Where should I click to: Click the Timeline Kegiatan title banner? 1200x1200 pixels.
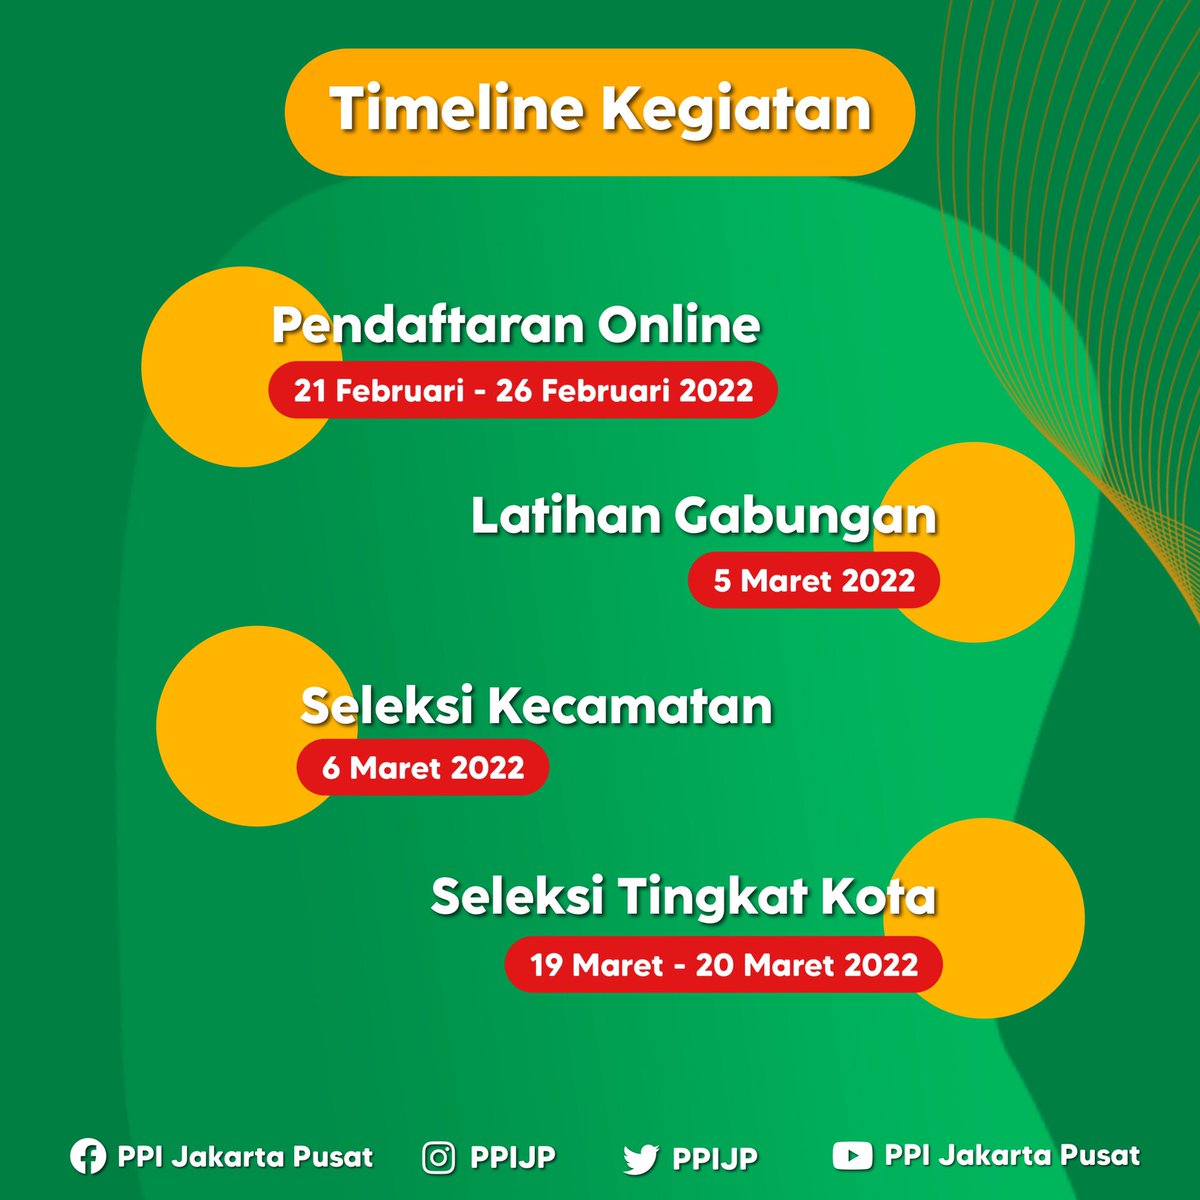point(600,112)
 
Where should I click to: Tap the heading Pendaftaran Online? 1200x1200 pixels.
point(516,325)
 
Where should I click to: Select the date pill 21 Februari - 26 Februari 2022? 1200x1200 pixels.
point(523,389)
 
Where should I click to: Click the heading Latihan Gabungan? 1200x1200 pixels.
point(704,516)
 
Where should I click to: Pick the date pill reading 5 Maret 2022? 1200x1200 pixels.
point(814,581)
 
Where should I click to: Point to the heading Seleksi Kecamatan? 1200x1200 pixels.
point(537,706)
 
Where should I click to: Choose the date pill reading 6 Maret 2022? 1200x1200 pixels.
point(423,768)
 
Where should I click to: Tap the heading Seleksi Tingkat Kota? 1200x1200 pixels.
point(683,896)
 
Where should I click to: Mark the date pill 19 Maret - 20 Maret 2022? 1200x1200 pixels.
point(724,965)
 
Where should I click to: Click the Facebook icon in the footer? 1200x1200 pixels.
point(88,1157)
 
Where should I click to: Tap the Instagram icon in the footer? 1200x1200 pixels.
point(438,1158)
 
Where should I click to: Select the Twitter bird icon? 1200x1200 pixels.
point(640,1159)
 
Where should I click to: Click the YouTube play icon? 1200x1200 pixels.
point(851,1156)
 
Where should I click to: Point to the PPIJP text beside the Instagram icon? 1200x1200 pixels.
point(513,1158)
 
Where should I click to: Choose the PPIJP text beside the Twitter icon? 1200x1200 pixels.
point(715,1159)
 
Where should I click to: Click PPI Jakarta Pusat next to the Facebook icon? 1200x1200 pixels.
point(245,1157)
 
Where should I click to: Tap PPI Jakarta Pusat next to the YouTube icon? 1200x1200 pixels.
point(1012,1156)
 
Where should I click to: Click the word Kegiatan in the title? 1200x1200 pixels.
point(736,110)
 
